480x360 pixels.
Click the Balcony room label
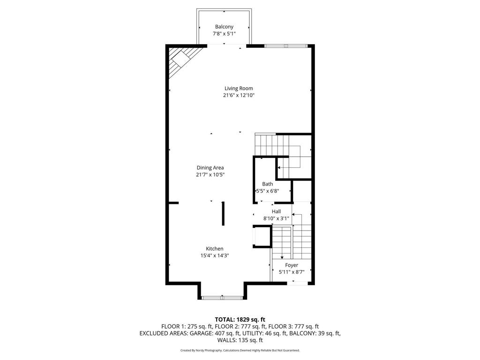tap(224, 27)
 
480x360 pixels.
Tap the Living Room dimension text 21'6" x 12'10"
tap(239, 95)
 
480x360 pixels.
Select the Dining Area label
tap(210, 167)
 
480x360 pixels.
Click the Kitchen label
tap(215, 248)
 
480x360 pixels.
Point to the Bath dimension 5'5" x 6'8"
tap(268, 191)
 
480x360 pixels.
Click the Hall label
tap(276, 211)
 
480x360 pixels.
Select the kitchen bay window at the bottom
tap(222, 297)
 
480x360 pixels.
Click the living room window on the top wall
tap(286, 45)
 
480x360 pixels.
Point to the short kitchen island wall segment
tap(223, 214)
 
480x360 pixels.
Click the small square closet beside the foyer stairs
tap(262, 236)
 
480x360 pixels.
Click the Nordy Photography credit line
tap(240, 350)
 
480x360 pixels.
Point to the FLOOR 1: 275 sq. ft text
tap(187, 326)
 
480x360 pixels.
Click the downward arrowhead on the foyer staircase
tap(282, 257)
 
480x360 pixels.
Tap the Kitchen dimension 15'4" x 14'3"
tap(215, 255)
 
